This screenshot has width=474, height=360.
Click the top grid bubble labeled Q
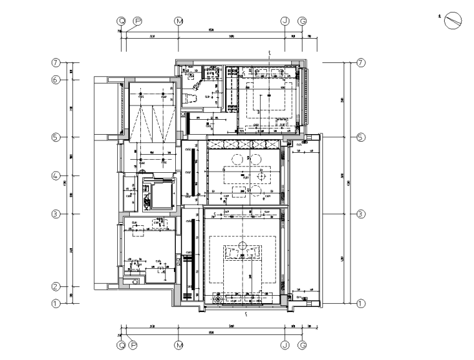pos(122,21)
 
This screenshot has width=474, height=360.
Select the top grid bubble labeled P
pos(138,21)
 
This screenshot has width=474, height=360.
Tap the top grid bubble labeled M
pos(179,21)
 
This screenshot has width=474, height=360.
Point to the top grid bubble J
pos(285,21)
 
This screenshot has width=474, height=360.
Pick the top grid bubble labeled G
pos(302,21)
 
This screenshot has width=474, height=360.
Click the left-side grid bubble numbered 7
pos(56,63)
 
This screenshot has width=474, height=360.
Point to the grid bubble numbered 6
pos(56,80)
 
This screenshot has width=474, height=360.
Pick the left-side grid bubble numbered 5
pos(56,137)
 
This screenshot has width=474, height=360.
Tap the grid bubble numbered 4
pos(56,177)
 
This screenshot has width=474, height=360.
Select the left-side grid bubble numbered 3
pos(56,214)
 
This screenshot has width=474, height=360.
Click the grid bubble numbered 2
pos(56,287)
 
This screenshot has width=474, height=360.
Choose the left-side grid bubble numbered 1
pos(56,304)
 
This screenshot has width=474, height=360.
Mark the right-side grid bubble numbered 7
pos(360,63)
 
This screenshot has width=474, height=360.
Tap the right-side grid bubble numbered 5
pos(360,137)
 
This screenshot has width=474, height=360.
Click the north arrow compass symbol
pos(453,21)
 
